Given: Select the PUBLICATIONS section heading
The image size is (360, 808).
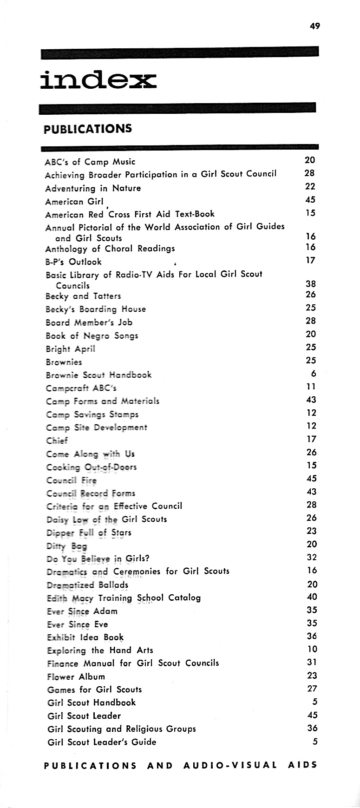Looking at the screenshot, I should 88,128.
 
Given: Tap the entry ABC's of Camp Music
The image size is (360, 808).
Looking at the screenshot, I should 90,162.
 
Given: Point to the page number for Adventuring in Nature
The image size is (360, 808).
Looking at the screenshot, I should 310,186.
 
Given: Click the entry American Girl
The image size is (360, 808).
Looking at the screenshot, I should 71,202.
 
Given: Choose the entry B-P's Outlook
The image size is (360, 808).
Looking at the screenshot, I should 73,262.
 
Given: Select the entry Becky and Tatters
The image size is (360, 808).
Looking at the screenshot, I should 83,296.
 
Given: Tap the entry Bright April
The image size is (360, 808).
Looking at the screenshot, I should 71,348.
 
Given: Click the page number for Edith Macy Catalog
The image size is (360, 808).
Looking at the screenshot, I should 312,597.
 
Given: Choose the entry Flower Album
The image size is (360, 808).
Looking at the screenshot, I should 76,677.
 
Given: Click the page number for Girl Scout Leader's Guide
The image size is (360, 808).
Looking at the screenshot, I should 314,742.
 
